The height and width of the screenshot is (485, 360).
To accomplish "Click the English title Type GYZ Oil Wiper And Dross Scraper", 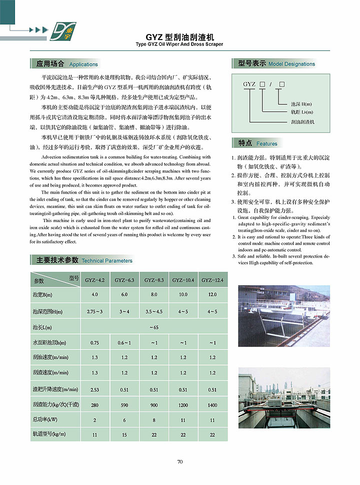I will [x=179, y=44].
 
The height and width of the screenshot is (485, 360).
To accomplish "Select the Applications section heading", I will [x=66, y=64].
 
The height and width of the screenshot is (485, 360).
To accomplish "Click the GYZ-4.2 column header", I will [x=94, y=280].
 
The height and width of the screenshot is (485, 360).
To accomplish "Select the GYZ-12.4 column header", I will [x=212, y=280].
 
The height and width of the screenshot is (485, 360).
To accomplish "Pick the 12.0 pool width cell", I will [x=212, y=295].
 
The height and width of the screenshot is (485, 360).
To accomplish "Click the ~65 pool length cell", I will [x=153, y=327].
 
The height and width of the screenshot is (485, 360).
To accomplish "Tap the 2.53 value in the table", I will [x=94, y=389].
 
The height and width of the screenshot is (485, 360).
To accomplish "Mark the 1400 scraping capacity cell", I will [x=212, y=405].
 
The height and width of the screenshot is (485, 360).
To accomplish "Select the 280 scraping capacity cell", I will [x=94, y=405].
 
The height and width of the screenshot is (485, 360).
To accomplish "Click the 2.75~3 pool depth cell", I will [x=94, y=311].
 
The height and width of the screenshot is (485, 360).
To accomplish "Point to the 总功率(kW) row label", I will [x=45, y=419].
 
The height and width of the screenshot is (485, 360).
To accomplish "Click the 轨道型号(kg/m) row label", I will [x=49, y=434].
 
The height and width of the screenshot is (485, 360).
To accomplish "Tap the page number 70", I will [x=179, y=461].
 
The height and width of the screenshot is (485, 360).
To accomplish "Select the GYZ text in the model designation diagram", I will [x=249, y=84].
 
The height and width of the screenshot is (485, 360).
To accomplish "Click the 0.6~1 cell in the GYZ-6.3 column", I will [x=124, y=342].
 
